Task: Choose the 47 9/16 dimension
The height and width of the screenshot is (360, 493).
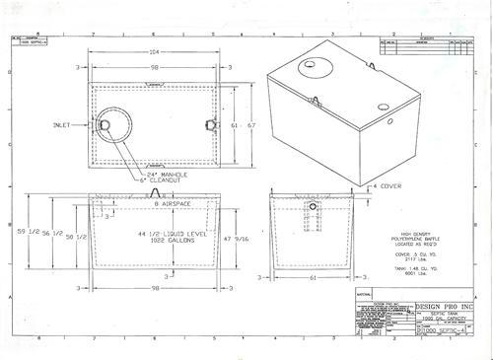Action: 246,238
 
